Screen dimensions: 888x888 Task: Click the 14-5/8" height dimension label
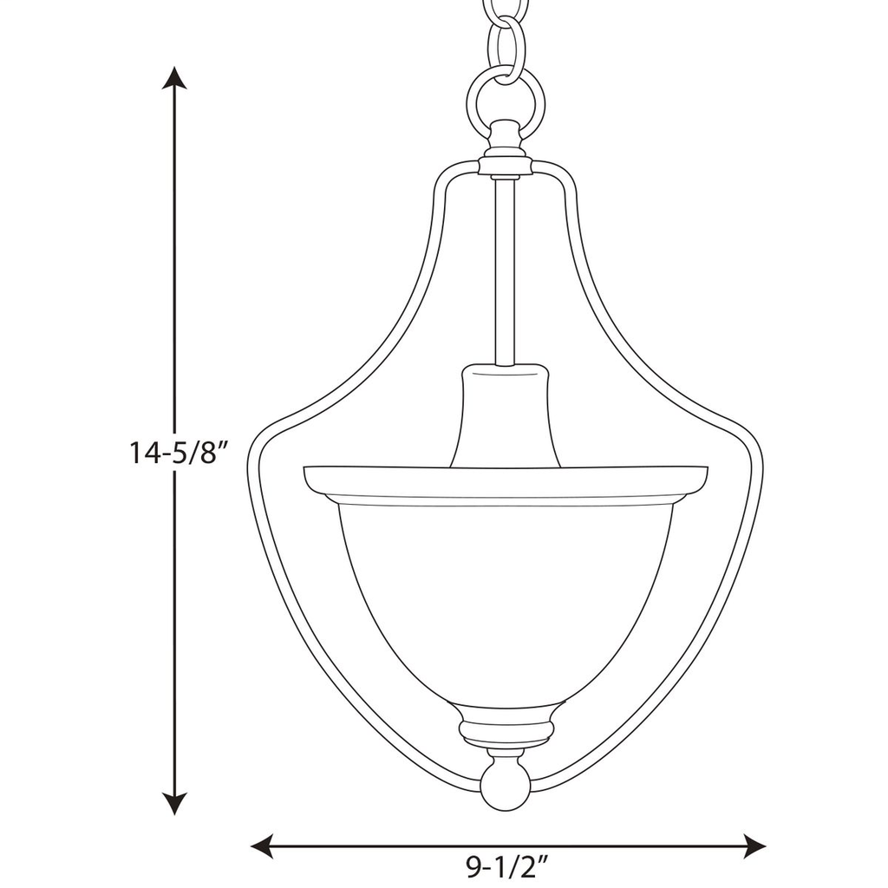[x=178, y=453]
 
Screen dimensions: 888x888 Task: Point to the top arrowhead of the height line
[x=176, y=79]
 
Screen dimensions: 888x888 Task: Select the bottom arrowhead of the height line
[x=176, y=804]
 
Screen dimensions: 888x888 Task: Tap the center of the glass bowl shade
[x=506, y=598]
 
